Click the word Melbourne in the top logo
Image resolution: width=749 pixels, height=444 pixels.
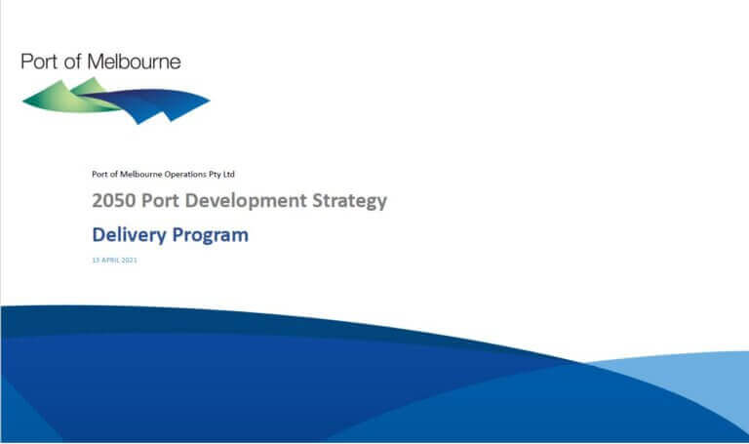[x=135, y=61]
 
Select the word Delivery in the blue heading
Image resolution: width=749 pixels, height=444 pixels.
[x=129, y=234]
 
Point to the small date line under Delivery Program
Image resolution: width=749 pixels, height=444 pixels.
[x=114, y=261]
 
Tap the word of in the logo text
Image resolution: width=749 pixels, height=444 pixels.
[x=73, y=61]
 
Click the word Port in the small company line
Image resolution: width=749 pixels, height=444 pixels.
[x=99, y=174]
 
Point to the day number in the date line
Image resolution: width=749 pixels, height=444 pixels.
[x=95, y=261]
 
